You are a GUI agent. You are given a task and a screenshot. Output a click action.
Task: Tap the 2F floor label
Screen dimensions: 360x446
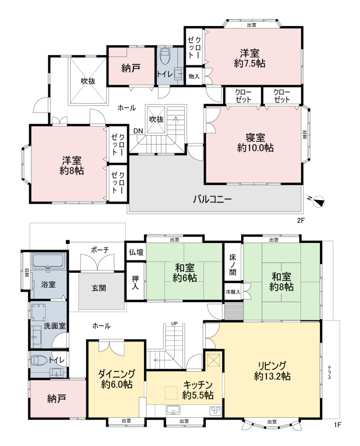point(301,220)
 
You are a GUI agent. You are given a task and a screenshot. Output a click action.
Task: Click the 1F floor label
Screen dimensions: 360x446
point(337,425)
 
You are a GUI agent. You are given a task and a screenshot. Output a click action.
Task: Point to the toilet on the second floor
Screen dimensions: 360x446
point(165,56)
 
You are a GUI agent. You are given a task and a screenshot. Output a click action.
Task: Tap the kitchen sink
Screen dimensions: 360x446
point(173,410)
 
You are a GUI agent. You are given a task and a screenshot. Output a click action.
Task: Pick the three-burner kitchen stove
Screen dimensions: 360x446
point(215,410)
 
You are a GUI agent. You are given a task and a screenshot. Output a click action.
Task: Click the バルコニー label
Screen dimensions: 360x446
point(212,199)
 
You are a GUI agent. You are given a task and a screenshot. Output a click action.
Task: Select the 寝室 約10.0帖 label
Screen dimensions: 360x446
point(255,143)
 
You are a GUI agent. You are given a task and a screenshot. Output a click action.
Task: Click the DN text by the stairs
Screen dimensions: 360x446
point(138,131)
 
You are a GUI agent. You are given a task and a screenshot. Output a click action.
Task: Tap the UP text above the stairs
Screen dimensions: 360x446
point(174,323)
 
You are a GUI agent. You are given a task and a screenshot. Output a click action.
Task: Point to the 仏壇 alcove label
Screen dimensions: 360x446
point(136,252)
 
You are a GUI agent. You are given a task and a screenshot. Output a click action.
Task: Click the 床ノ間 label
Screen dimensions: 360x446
point(233,265)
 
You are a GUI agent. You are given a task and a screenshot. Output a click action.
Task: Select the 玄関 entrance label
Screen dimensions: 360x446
point(98,288)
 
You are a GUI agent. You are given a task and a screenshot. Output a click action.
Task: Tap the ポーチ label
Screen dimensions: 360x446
point(100,250)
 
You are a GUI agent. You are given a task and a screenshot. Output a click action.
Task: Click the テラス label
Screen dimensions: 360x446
point(329,372)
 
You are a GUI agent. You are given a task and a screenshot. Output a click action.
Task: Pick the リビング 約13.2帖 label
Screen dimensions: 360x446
point(272,371)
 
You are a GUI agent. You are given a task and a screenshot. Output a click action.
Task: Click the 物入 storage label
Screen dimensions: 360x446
point(194,76)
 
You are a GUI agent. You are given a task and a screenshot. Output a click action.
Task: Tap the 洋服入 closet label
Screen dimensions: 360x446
point(233,292)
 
